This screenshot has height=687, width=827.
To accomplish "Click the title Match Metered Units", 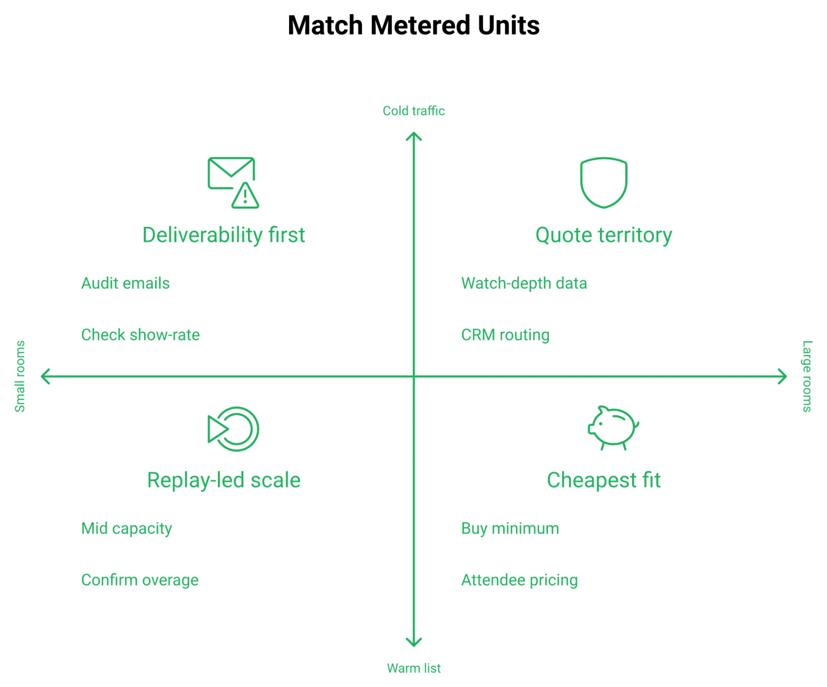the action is pos(413,25).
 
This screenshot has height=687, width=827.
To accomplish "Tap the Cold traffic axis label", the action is pos(413,111).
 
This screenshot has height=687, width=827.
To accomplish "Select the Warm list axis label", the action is pos(413,668).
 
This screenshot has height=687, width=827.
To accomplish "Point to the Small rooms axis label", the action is pos(20,376).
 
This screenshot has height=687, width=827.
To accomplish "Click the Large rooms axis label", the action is pos(807,376).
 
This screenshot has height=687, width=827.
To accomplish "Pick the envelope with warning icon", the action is pos(233,183).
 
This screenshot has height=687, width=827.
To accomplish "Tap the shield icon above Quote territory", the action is pos(603,183).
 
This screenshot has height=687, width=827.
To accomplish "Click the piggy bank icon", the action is pos(613,428).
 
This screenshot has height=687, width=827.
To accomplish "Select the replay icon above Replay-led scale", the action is pos(233,429).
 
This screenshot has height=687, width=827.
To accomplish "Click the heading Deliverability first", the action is pos(224,235).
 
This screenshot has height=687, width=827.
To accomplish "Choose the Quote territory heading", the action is pos(603,235).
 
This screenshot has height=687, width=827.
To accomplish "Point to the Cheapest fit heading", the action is pos(603,480).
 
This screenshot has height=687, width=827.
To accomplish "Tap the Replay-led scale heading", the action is pos(224,480).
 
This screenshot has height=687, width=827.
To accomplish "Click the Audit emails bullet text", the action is pos(125,283).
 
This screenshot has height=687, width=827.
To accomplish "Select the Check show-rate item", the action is pos(140,335).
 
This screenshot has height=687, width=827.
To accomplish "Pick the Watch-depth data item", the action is pos(524,283).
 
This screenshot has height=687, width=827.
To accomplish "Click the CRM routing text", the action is pos(505,335).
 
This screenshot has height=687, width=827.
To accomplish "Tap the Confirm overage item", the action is pos(140,580).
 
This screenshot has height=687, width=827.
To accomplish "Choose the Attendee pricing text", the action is pos(519,580).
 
